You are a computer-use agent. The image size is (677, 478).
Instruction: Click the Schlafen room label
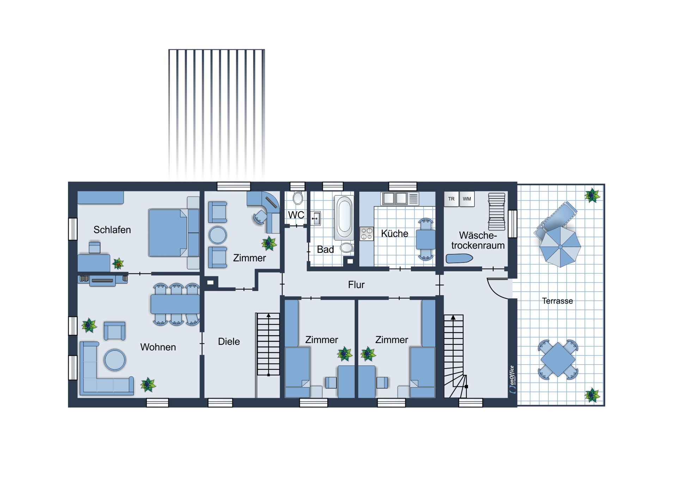pos(112,230)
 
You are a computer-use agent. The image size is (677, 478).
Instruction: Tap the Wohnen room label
pos(158,347)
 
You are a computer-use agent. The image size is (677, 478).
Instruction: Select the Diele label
pos(229,341)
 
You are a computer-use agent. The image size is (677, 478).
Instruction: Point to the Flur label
pos(356,285)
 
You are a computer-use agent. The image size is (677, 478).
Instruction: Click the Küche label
pos(395,233)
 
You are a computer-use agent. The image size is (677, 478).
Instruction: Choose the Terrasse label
pos(557,301)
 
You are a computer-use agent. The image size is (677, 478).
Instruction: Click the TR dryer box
pos(451,199)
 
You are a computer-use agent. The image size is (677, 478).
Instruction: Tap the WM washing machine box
pos(467,199)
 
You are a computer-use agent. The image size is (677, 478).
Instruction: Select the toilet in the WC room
pos(298,198)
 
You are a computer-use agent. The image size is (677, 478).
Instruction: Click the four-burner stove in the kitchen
pos(367,234)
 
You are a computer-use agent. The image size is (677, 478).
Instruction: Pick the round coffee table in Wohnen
pos(115,360)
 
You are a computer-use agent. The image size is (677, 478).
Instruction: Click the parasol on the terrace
pos(560,246)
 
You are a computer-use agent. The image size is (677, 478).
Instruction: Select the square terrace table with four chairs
pos(558,360)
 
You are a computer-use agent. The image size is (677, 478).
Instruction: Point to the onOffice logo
pos(512,380)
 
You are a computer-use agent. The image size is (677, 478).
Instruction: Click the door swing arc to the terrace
pos(494,291)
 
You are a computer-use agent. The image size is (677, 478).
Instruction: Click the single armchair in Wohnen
pos(115,331)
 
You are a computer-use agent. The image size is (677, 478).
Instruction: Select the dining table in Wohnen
pos(175,304)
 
